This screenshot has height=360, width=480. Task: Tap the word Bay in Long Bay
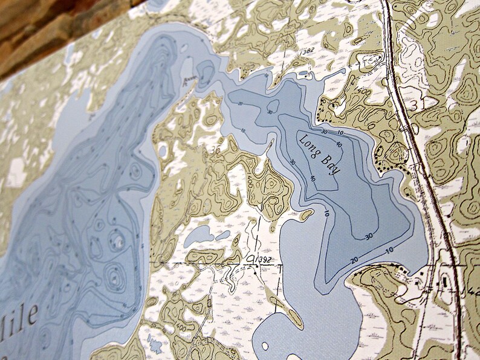point(331,166)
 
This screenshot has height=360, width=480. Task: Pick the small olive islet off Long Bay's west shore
point(307,214)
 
